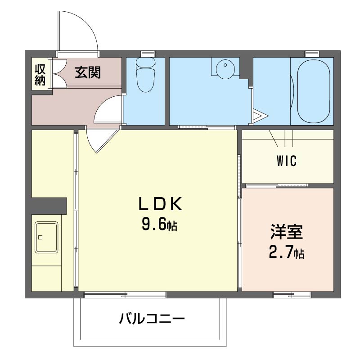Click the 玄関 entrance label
coord(88,72)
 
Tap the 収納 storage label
coord(40,75)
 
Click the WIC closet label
coord(287,161)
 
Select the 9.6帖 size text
coord(159,224)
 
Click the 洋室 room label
coord(286,233)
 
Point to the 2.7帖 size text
coord(286,253)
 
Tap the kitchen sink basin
coord(46,237)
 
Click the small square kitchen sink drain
coord(40,237)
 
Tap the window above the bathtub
coord(311,54)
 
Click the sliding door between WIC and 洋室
coord(277,185)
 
